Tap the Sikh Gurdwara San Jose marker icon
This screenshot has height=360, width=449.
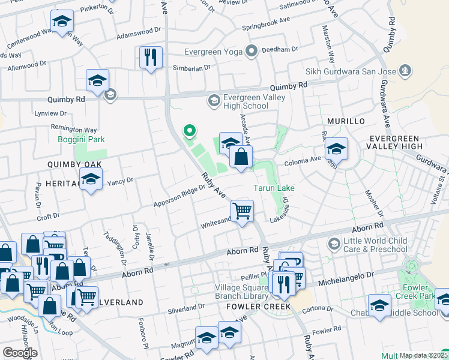coord(406,71)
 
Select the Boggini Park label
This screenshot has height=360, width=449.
coord(81,139)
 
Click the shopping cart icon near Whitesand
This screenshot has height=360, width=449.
coord(242,211)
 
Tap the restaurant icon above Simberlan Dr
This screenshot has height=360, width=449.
coord(149,57)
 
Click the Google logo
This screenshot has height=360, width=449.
coord(19,353)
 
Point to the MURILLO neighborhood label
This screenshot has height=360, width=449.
coord(346,121)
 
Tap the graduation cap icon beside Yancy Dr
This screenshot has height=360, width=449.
coord(91,179)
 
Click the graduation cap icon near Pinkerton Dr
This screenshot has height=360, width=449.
coord(62,21)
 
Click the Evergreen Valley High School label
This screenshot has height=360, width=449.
coord(246,101)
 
